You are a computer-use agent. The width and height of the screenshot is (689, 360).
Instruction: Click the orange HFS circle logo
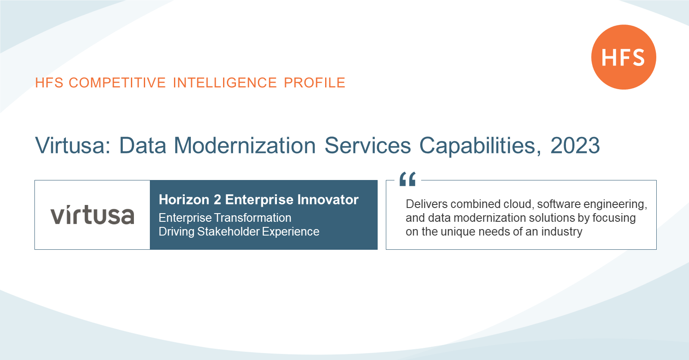point(624,57)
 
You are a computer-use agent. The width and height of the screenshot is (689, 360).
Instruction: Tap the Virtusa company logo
point(92,214)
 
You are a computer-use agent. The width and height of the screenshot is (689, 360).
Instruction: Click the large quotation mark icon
point(407,179)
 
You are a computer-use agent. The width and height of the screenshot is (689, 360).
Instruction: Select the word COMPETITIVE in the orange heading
point(117,83)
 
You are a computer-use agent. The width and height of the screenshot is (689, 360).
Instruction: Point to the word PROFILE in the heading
point(314,83)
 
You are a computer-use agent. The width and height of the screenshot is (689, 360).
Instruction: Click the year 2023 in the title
point(575,145)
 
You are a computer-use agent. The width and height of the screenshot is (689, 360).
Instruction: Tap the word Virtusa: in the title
point(73,145)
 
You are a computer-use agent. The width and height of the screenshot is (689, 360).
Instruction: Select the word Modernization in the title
point(245,145)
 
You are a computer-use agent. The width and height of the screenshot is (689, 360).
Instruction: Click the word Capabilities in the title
point(480,146)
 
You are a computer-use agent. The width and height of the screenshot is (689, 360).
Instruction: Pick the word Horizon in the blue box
point(184,199)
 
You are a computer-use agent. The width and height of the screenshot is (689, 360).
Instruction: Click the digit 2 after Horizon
point(217,199)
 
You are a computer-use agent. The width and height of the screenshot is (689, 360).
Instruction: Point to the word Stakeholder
point(229,232)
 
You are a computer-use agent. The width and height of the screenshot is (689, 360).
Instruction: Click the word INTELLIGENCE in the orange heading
point(225,83)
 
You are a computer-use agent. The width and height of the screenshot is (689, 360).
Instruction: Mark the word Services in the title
point(368,145)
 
